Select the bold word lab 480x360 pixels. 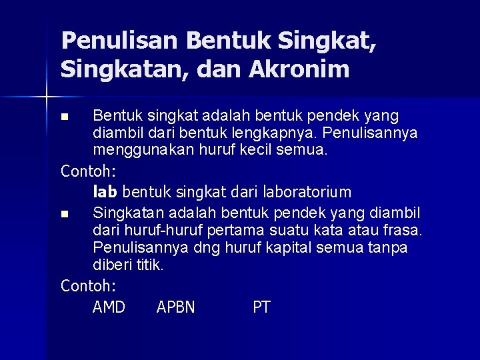[105, 192]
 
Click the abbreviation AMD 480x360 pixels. [109, 307]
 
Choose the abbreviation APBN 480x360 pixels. [175, 307]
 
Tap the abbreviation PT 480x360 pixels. [261, 307]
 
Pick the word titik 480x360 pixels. [149, 265]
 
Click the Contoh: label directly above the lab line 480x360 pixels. [88, 171]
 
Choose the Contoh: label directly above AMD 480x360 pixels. [88, 286]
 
